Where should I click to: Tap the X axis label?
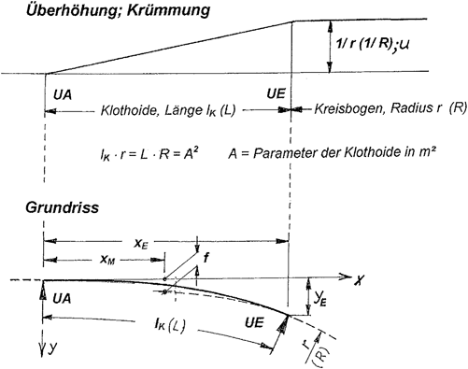coord(358,278)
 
